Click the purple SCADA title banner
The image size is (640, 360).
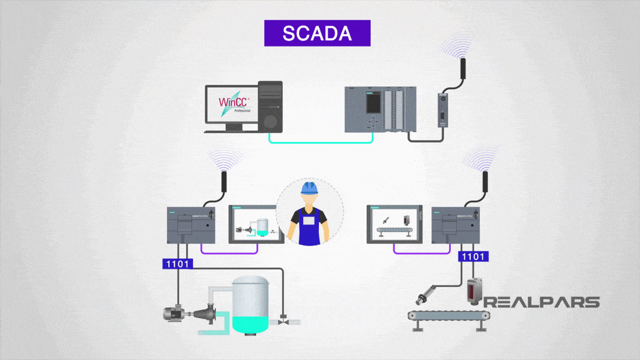click(317, 33)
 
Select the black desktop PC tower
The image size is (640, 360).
click(269, 106)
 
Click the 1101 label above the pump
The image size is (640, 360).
click(177, 263)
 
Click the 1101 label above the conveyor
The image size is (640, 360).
click(474, 256)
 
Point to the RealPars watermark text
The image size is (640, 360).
click(541, 302)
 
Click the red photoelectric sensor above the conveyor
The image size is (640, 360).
click(474, 291)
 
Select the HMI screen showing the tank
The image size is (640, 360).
click(257, 223)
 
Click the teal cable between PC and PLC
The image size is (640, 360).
click(320, 140)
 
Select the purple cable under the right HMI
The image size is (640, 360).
click(422, 251)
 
